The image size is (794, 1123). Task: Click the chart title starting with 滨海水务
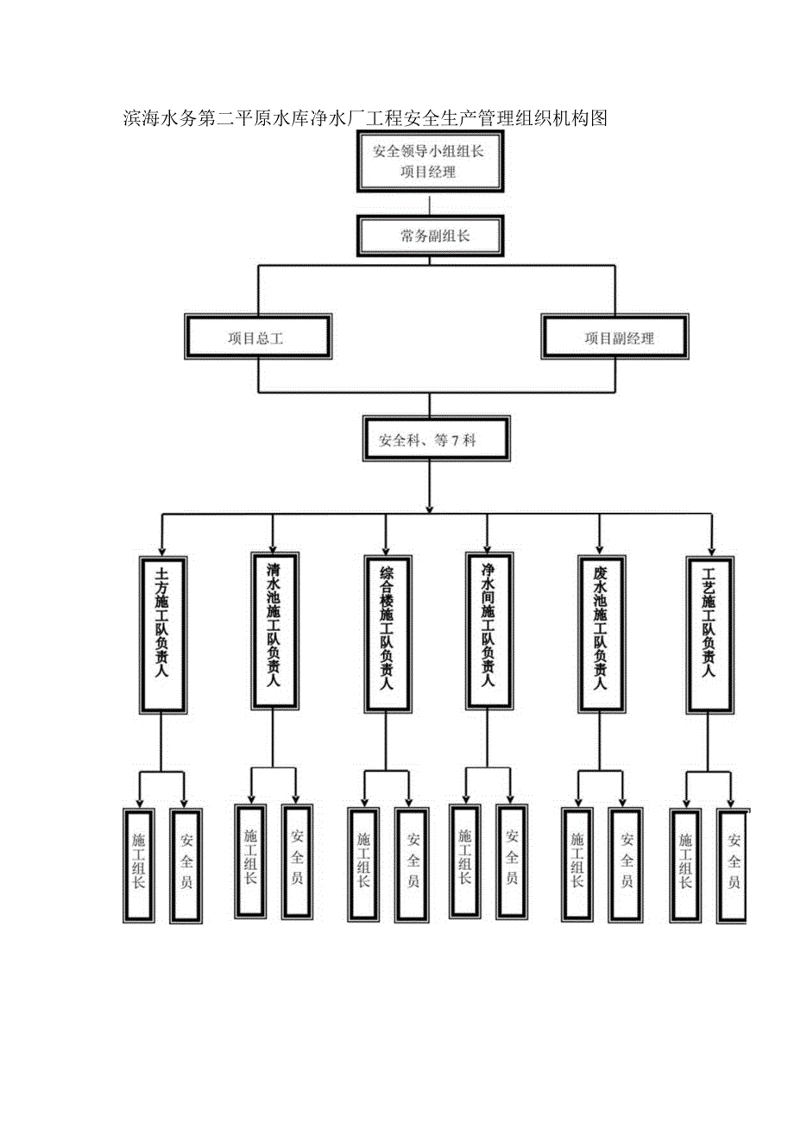[367, 118]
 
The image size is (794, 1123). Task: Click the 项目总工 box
[257, 338]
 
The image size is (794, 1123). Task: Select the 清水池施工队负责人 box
[273, 628]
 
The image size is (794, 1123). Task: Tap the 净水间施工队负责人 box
[488, 628]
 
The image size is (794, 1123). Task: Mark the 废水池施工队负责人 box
[601, 634]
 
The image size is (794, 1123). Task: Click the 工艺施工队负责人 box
[710, 634]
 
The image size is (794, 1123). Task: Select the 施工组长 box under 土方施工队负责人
[138, 866]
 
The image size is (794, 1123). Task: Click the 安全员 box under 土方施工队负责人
[186, 866]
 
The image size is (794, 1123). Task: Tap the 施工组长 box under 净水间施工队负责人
[464, 861]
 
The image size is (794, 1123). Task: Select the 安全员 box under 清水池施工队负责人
[297, 861]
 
